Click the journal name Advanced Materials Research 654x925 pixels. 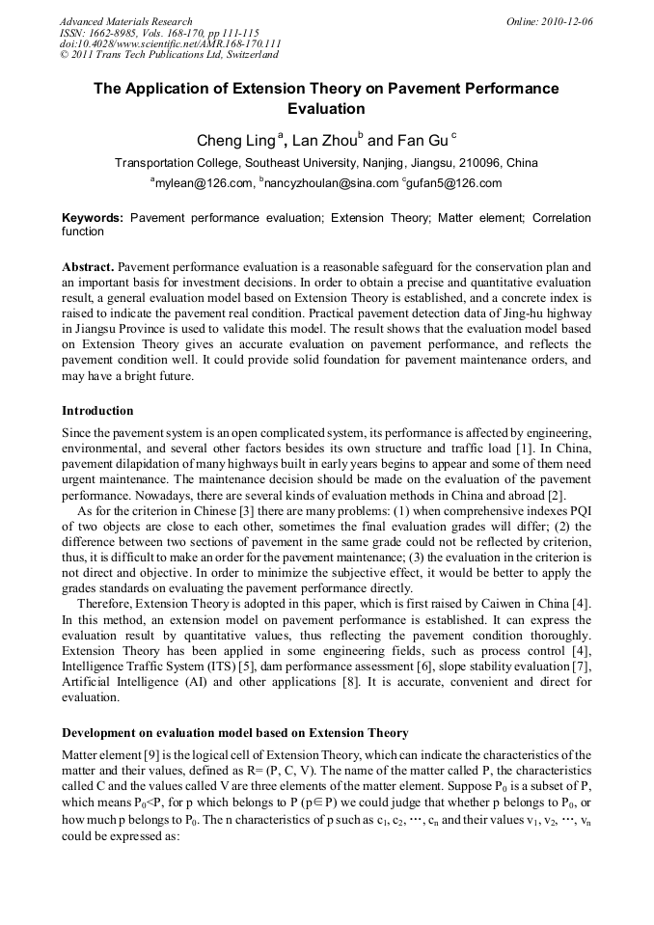click(125, 21)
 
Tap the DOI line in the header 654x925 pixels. click(171, 44)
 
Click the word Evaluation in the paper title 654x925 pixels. click(326, 109)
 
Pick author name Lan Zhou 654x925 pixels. click(327, 141)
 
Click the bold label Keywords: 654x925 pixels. click(93, 219)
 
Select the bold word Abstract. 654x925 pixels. click(89, 265)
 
